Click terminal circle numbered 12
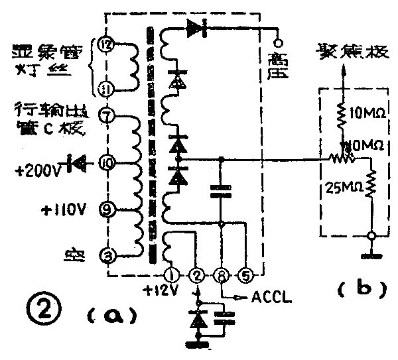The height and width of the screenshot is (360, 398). (x=105, y=45)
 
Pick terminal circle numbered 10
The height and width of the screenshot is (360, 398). (x=106, y=161)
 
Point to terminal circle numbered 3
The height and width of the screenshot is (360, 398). (x=106, y=255)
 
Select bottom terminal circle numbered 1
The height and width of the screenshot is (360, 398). (x=172, y=272)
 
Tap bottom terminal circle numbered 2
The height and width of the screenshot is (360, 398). (x=196, y=272)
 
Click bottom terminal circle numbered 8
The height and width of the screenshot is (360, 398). (x=222, y=272)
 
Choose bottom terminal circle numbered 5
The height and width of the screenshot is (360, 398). (x=247, y=272)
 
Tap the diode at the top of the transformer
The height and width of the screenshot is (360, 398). (x=197, y=29)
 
